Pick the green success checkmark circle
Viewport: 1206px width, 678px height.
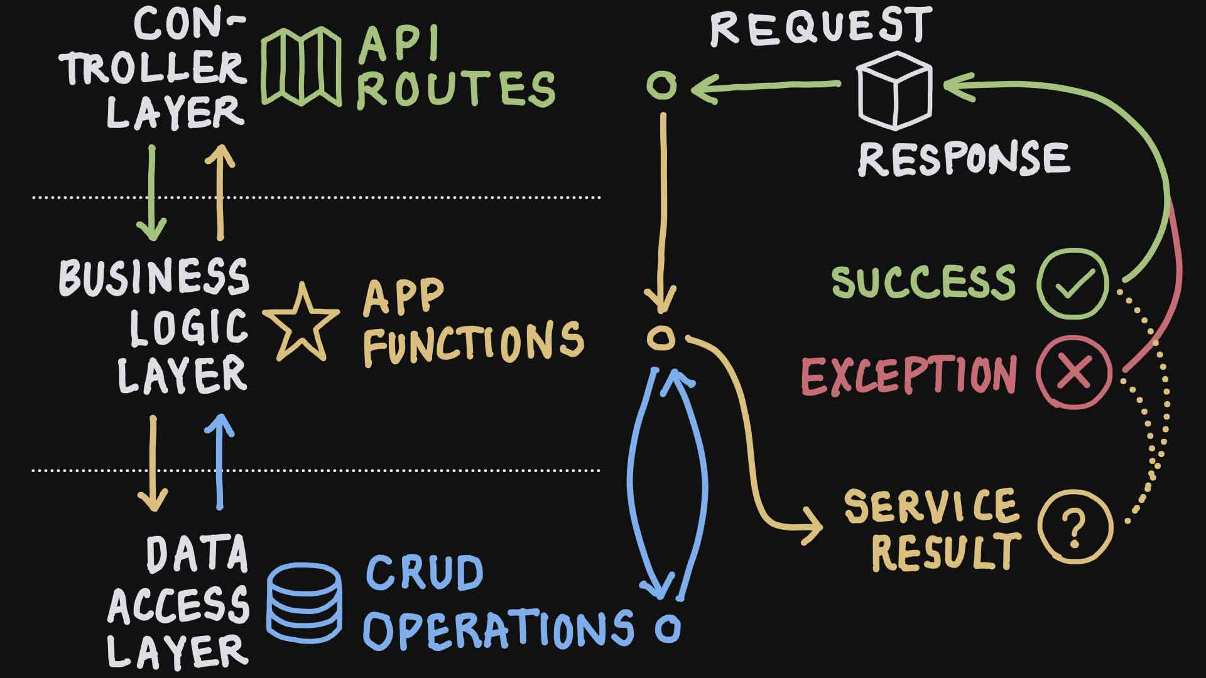pyautogui.click(x=1073, y=284)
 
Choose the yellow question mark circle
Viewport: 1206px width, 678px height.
pyautogui.click(x=1074, y=526)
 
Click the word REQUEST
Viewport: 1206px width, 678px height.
pyautogui.click(x=820, y=26)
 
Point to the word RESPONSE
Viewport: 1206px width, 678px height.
pyautogui.click(x=964, y=158)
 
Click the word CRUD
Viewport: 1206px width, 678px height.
pyautogui.click(x=425, y=573)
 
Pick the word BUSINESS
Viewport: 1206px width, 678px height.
pyautogui.click(x=155, y=277)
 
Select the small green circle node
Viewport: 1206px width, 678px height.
pyautogui.click(x=662, y=86)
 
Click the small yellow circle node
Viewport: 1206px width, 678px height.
pyautogui.click(x=661, y=338)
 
